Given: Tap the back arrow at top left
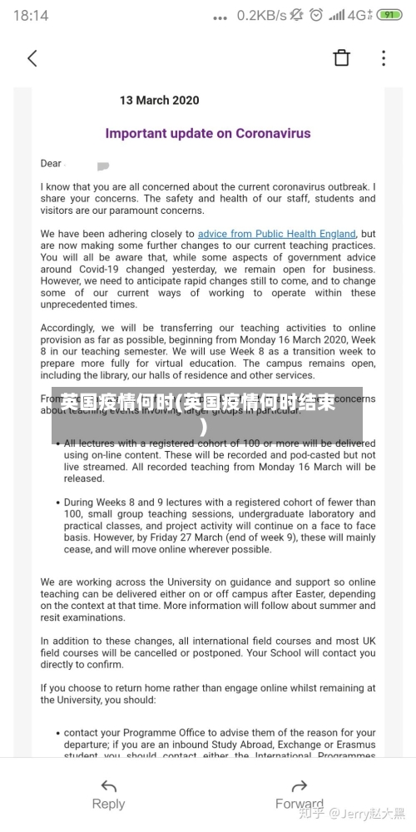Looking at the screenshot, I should (32, 58).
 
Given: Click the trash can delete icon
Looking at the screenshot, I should (342, 57).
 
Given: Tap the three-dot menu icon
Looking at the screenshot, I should (384, 57).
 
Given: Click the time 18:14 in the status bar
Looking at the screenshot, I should (31, 15).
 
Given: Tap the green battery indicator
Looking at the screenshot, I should (389, 15).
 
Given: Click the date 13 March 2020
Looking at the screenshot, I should (159, 101).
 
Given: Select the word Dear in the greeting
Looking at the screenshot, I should (51, 164).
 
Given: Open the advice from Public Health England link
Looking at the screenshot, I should (276, 234).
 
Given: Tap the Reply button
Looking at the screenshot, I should (108, 804).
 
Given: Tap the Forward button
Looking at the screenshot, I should (300, 804).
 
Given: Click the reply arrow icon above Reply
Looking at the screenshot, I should (108, 785).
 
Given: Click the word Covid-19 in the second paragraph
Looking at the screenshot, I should (105, 270).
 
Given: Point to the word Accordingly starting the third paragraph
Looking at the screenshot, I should (67, 329).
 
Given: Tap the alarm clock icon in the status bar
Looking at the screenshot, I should (316, 15).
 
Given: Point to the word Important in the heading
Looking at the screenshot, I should (137, 133).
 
